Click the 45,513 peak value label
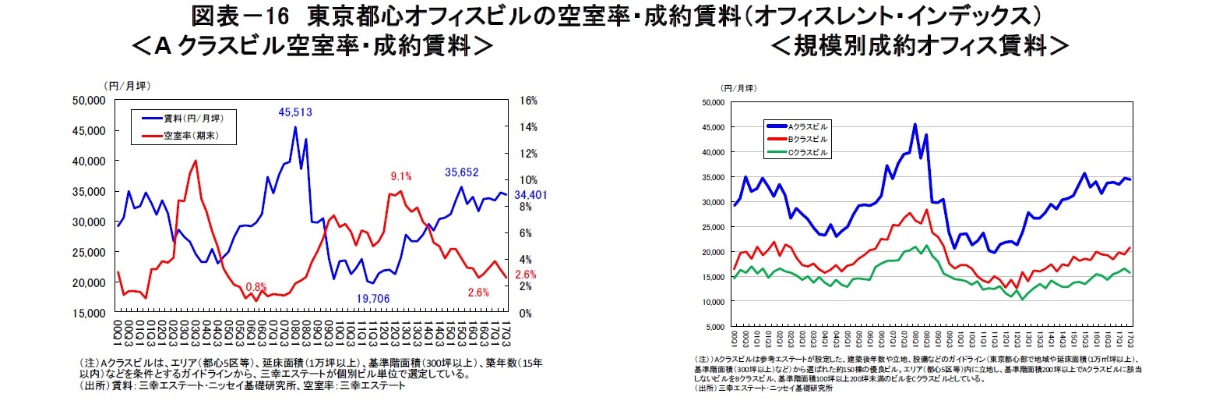[x=295, y=112]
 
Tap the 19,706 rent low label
[x=373, y=299]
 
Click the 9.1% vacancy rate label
[x=400, y=176]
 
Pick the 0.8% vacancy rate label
[x=256, y=286]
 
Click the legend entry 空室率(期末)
[x=190, y=137]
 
